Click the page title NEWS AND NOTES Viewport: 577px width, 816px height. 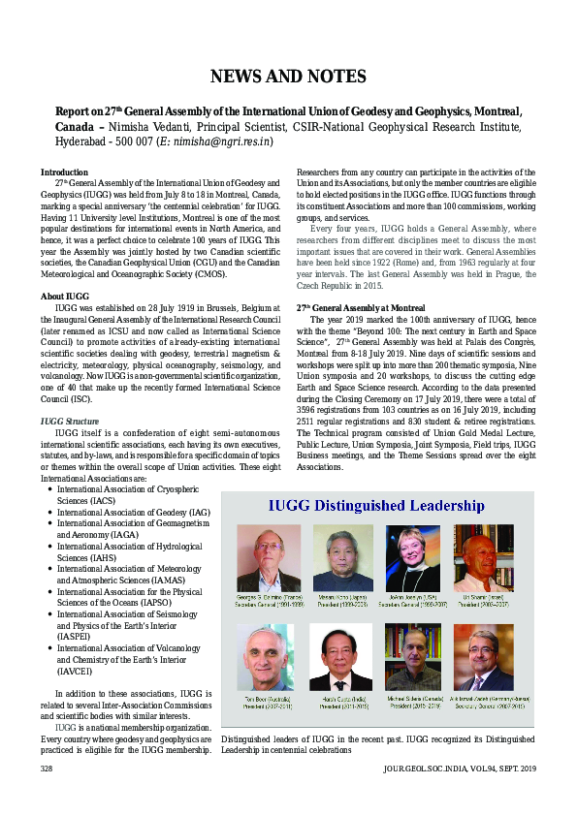pos(288,77)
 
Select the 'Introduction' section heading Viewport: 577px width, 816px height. pos(64,173)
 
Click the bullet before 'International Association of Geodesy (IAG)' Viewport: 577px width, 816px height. pos(49,512)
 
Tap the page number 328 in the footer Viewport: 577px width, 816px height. pos(46,796)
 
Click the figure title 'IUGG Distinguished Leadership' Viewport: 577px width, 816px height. pos(378,506)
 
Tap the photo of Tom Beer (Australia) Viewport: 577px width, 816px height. pos(270,654)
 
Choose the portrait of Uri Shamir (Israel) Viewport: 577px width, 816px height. pos(487,557)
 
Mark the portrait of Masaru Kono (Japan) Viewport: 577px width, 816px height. pos(342,557)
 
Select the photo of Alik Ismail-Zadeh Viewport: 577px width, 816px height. pos(487,654)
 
